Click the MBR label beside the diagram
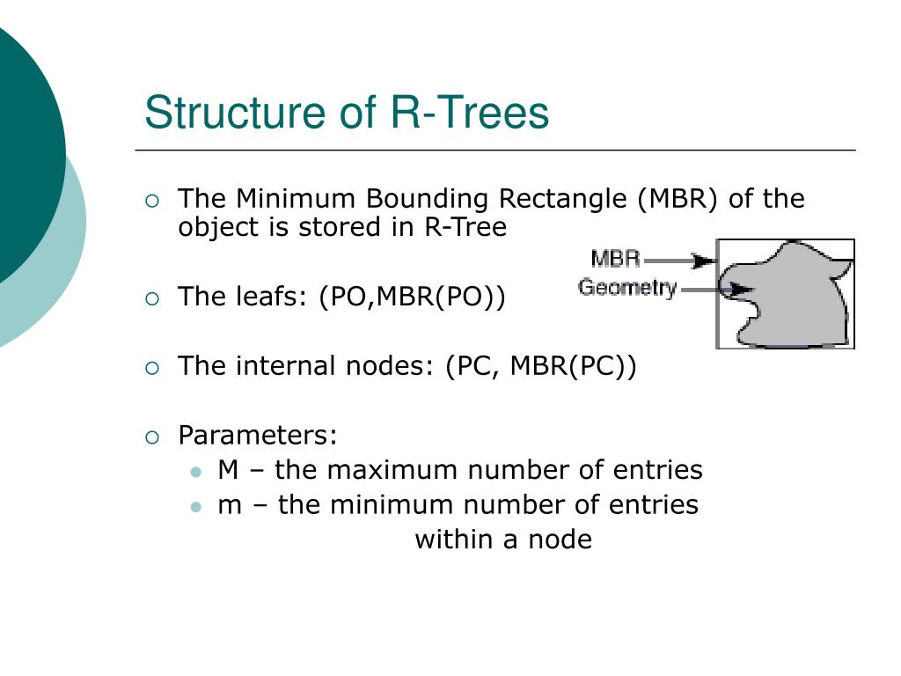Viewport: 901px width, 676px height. point(615,259)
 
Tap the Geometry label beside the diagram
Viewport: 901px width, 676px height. point(627,287)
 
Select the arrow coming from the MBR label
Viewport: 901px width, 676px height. point(681,261)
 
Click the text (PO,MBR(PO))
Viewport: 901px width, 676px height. point(413,297)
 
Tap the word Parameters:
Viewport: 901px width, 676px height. point(258,436)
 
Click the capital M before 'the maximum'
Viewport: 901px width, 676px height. point(228,470)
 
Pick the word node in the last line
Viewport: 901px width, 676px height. point(560,540)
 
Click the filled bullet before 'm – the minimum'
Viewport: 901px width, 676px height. point(196,506)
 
